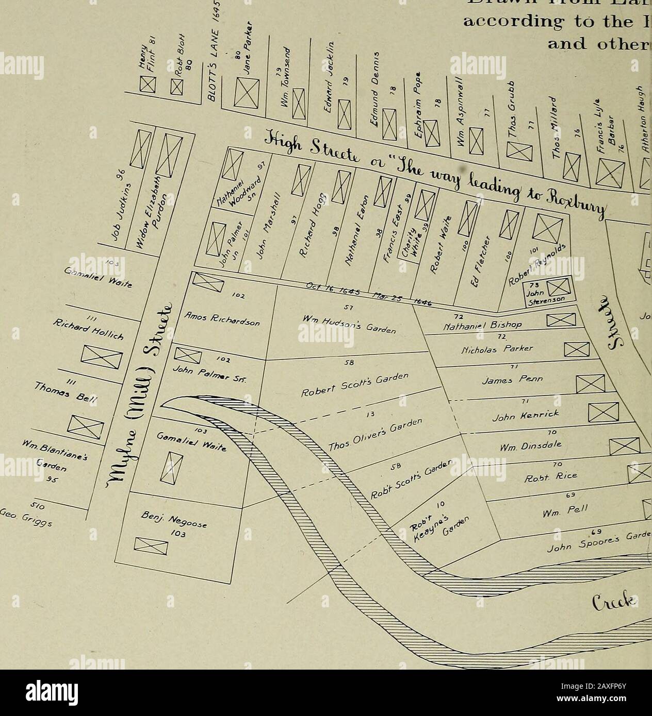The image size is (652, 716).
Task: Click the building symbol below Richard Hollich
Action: [100, 355]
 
